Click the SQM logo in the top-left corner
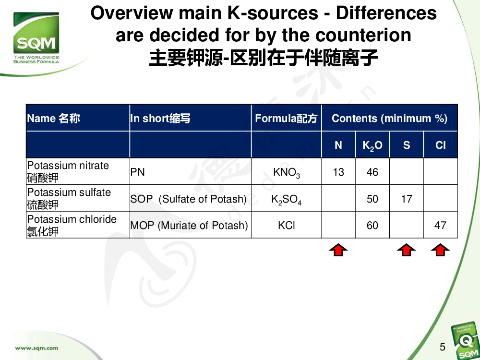point(36,37)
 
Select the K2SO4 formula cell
point(286,200)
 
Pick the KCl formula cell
point(287,226)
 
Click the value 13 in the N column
point(338,172)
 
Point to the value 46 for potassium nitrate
point(372,172)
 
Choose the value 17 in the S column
point(407,199)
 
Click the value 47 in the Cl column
point(440,225)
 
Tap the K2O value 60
point(372,225)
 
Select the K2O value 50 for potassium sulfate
point(372,199)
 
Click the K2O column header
point(372,145)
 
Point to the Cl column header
point(441,145)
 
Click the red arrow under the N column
point(338,250)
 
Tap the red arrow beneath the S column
point(406,250)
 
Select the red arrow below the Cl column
point(440,250)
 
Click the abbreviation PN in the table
point(137,172)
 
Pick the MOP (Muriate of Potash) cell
point(189,226)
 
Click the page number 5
point(443,347)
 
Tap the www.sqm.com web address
point(36,348)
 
